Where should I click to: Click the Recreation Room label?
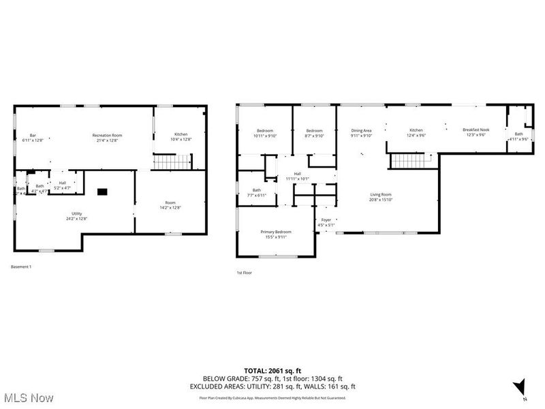pos(107,138)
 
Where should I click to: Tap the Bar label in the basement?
pos(33,138)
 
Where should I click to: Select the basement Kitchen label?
pos(181,136)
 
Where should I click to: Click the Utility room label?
pos(77,216)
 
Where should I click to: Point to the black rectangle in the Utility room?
pos(102,192)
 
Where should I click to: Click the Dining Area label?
pos(361,132)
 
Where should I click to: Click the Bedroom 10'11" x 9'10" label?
pos(264,132)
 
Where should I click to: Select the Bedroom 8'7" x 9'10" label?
pos(314,132)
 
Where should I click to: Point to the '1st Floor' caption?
pos(245,273)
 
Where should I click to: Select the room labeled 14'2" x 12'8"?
pos(170,205)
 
